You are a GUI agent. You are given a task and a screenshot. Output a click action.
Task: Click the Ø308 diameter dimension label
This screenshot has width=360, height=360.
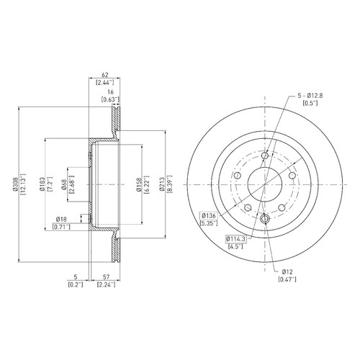(x=15, y=184)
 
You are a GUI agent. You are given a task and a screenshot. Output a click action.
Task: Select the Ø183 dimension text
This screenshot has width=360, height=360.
(x=42, y=184)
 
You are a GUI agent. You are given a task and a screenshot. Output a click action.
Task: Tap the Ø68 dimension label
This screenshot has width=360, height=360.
(x=64, y=184)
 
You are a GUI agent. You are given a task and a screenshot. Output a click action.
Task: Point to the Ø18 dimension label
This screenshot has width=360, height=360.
(x=61, y=219)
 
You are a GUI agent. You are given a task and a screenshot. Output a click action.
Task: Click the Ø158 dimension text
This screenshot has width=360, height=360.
(x=138, y=184)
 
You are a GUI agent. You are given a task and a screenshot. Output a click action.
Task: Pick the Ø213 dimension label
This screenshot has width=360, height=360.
(x=162, y=184)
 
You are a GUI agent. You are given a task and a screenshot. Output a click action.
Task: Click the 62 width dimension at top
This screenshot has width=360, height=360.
(x=105, y=75)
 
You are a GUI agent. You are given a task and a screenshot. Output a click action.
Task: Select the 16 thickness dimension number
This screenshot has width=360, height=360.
(x=110, y=92)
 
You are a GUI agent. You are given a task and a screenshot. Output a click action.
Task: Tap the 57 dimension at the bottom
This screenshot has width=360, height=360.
(x=106, y=277)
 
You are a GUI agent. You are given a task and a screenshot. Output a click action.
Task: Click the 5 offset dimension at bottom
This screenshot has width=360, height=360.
(x=76, y=277)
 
